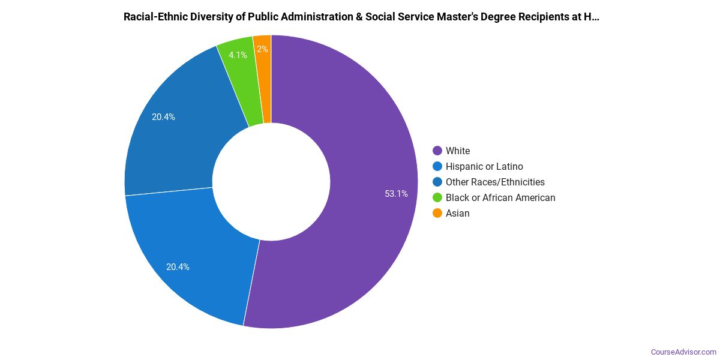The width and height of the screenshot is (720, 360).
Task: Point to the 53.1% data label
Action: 396,194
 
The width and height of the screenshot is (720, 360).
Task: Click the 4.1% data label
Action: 238,55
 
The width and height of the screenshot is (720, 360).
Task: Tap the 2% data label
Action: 262,49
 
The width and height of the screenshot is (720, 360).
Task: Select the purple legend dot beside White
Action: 437,151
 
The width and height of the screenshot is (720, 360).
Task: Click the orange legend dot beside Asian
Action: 437,213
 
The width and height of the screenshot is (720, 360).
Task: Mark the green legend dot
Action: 437,197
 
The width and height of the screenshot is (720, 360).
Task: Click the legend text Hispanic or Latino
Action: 484,166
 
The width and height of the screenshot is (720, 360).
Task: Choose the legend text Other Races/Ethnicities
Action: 495,182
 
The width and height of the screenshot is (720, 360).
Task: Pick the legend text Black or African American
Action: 500,197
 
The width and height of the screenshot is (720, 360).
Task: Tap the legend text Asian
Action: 458,213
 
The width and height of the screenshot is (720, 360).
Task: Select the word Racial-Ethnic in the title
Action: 153,17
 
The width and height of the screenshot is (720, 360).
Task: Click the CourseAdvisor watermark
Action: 683,352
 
